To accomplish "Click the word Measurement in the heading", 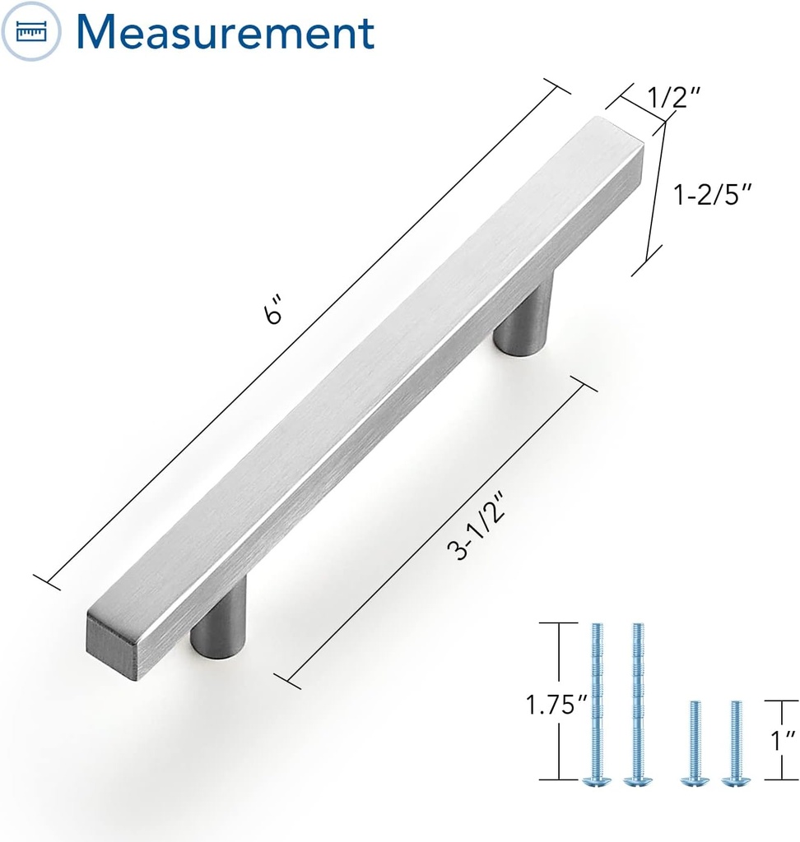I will point(225,31).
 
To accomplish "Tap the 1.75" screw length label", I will point(556,705).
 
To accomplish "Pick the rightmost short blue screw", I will point(735,741).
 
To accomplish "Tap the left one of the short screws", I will point(695,741).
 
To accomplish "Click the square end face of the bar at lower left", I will point(111,645).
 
